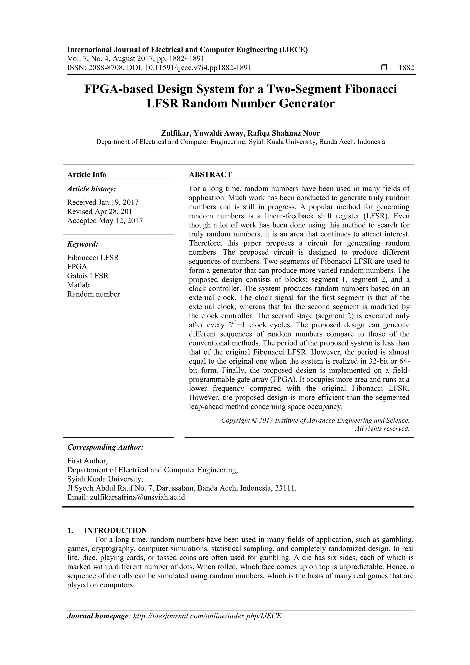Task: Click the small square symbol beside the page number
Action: click(x=384, y=68)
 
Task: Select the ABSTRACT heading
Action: click(x=210, y=174)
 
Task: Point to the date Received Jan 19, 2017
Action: click(x=103, y=202)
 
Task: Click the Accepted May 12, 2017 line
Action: click(x=105, y=221)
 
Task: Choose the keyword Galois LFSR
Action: click(x=88, y=276)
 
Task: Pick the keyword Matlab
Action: click(x=78, y=285)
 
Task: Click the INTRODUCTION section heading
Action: click(x=115, y=531)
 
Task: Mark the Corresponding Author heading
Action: click(x=105, y=447)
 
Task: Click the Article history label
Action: click(x=92, y=189)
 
